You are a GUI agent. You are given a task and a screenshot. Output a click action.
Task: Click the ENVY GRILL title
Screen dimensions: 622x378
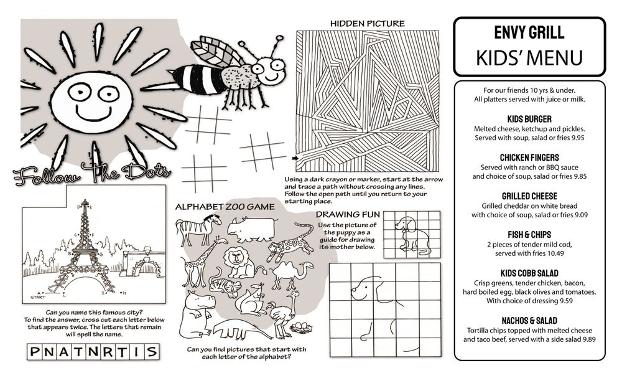click(x=529, y=32)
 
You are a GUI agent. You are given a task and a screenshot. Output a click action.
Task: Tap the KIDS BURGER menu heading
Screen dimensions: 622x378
click(x=529, y=119)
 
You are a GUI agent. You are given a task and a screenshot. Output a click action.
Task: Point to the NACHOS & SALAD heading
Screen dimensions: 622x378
click(x=529, y=321)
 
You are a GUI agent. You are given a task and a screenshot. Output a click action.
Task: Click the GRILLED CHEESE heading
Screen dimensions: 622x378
click(x=529, y=196)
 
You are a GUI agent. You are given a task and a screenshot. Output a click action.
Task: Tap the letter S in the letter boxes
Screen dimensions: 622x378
click(x=151, y=352)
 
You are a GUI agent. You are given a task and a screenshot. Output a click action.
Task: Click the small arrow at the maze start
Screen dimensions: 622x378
click(x=295, y=158)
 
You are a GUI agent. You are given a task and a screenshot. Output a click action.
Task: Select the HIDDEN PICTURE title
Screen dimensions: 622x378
click(x=368, y=24)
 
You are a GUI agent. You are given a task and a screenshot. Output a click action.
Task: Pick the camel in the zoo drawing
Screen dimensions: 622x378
click(x=290, y=275)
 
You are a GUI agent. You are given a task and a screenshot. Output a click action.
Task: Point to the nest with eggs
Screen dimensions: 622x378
click(x=300, y=328)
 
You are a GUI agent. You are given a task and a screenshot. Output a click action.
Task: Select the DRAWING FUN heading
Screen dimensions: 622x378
click(x=348, y=214)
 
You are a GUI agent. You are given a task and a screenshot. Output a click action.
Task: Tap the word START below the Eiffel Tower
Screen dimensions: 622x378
click(x=38, y=297)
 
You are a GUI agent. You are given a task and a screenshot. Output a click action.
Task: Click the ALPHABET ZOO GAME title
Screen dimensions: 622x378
click(x=225, y=207)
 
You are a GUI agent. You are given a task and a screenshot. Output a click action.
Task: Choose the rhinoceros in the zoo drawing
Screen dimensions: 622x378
click(x=251, y=229)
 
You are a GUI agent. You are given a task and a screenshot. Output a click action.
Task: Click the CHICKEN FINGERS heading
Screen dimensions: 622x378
click(x=529, y=158)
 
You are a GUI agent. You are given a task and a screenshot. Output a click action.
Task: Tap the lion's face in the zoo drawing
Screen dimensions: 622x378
click(x=236, y=258)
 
